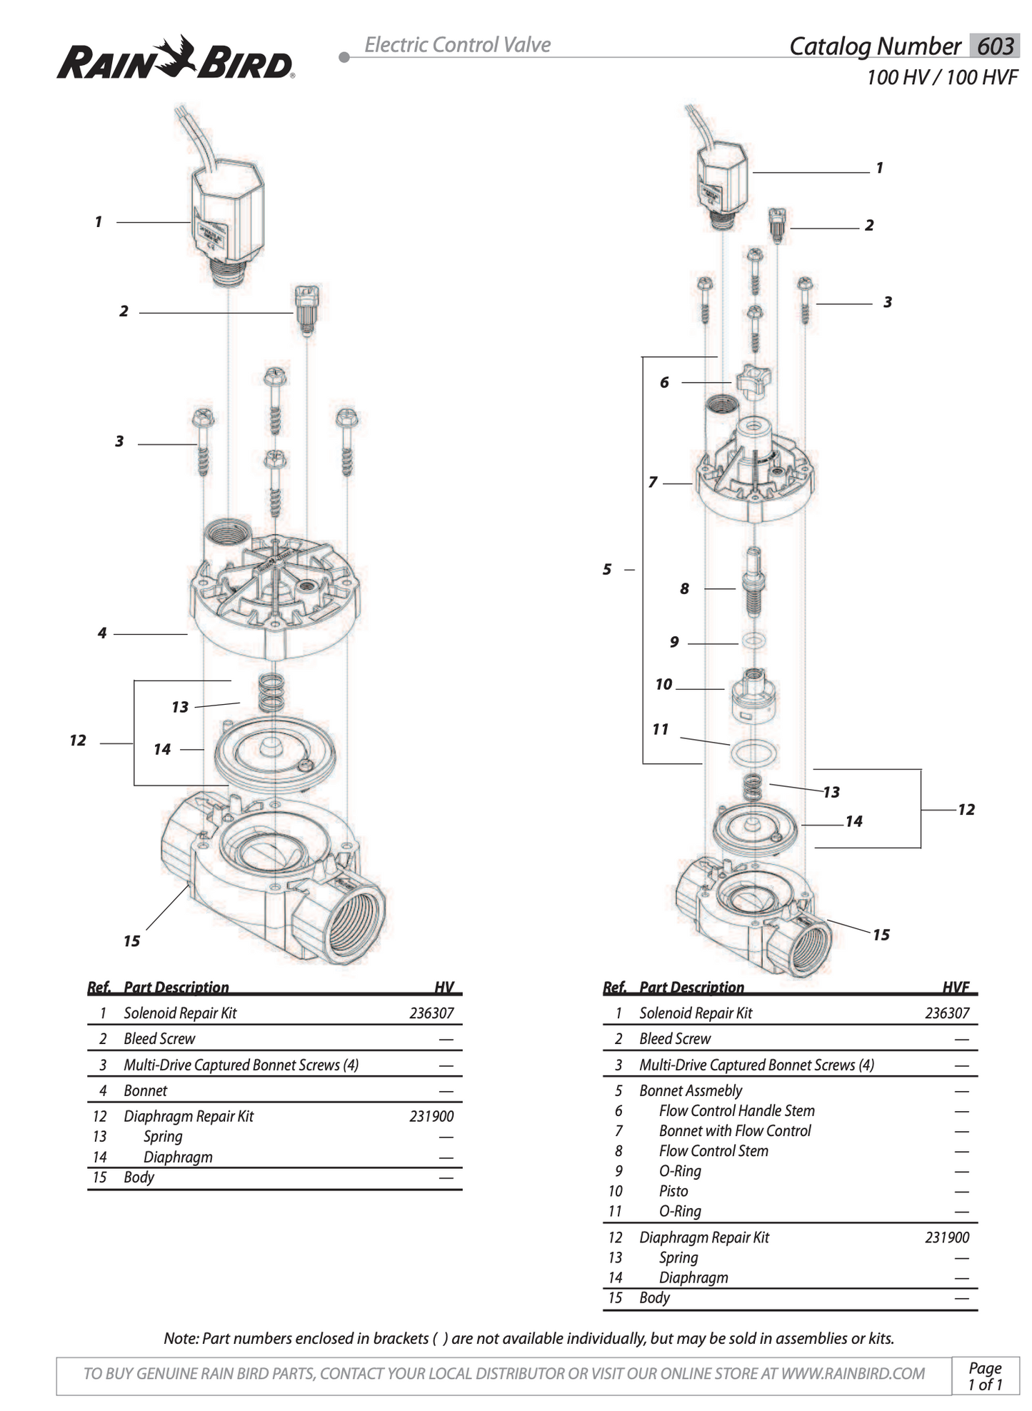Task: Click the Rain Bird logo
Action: click(175, 59)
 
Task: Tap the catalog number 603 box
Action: click(994, 46)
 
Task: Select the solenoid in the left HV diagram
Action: click(227, 214)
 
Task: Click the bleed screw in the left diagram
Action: click(307, 309)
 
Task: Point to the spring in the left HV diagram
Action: click(271, 692)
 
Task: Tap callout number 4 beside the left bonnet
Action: click(102, 633)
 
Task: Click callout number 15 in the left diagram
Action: click(131, 941)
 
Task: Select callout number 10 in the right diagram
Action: click(663, 684)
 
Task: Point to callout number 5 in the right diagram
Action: click(606, 569)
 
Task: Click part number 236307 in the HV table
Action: click(431, 1013)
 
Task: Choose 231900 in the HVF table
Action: click(946, 1237)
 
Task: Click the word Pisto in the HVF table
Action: click(673, 1190)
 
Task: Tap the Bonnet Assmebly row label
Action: click(691, 1090)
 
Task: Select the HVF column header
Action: click(956, 987)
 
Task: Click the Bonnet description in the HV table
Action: click(145, 1090)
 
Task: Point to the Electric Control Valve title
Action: click(457, 45)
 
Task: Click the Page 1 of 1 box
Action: click(985, 1375)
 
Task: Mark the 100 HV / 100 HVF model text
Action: click(941, 77)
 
